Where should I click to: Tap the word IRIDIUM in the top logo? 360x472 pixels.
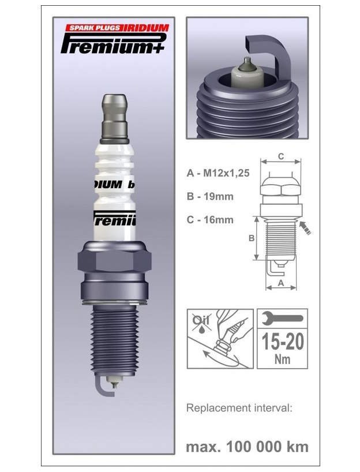[145, 28]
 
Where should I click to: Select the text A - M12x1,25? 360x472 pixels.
[218, 173]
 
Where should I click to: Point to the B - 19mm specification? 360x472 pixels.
[210, 196]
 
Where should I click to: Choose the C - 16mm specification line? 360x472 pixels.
[210, 219]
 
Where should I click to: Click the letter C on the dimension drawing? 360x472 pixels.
[280, 156]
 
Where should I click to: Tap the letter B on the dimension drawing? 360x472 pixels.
[251, 238]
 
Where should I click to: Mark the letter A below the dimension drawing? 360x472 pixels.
[280, 283]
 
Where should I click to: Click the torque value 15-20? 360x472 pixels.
[282, 341]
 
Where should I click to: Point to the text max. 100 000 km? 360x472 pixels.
[247, 446]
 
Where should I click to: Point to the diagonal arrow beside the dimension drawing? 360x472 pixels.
[304, 228]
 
